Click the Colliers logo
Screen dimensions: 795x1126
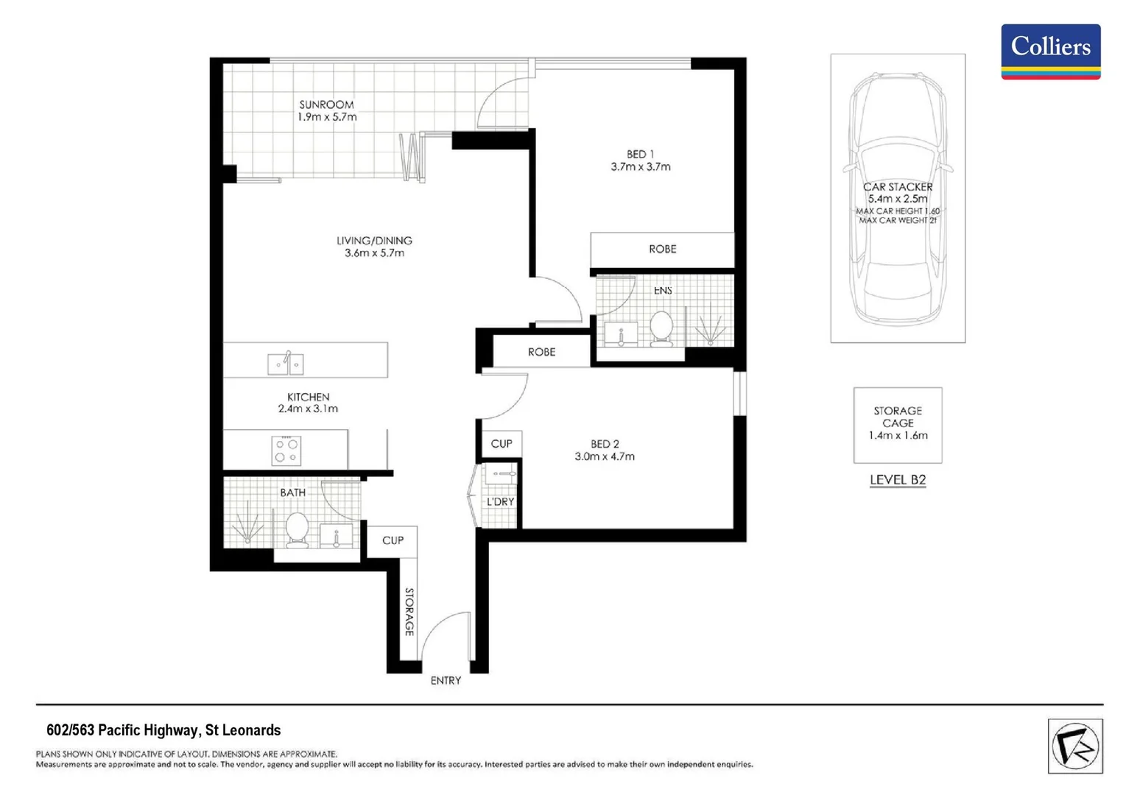[x=1050, y=51]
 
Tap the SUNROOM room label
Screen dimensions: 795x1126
[x=326, y=105]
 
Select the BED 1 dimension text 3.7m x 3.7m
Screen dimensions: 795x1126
[x=640, y=167]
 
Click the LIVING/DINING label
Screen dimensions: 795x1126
[x=374, y=241]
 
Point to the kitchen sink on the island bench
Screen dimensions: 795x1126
[x=285, y=363]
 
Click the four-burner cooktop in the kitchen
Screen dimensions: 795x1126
[x=286, y=450]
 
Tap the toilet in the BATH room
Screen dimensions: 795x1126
[x=297, y=530]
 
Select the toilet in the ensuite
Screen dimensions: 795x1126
[x=661, y=328]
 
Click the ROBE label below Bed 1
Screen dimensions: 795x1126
[x=662, y=250]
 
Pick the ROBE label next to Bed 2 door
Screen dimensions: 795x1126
[x=541, y=353]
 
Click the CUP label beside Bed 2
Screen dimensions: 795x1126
[x=501, y=444]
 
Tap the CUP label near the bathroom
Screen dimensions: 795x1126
[x=393, y=540]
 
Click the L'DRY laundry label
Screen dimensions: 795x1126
[x=500, y=502]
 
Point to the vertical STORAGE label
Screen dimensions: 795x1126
[x=409, y=611]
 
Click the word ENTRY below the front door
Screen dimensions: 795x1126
[x=446, y=681]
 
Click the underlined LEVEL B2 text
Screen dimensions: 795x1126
[x=897, y=480]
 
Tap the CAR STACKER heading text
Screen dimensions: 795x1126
[x=897, y=187]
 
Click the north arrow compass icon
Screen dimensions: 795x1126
[x=1074, y=746]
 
